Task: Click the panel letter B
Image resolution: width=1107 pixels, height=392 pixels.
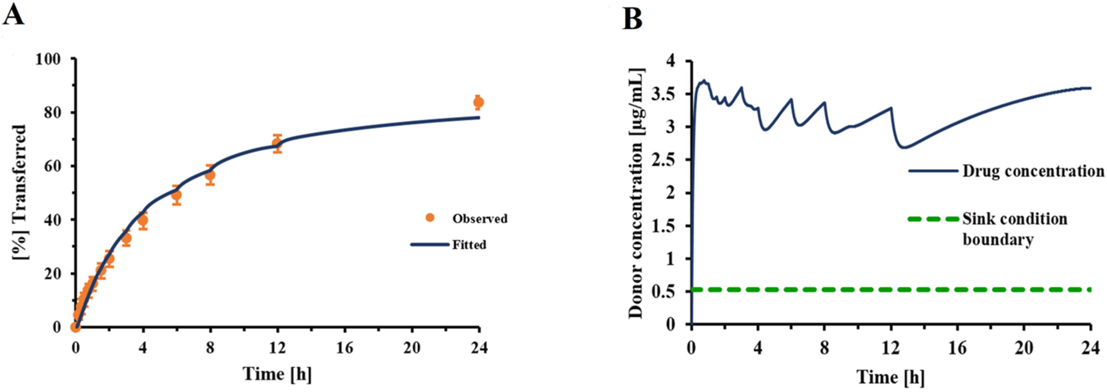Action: click(633, 19)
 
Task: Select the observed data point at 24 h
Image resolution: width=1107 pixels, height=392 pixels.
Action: click(478, 102)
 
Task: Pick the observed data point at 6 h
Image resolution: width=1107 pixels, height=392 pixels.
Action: click(176, 195)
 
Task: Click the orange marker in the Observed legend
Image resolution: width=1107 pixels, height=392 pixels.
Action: click(430, 218)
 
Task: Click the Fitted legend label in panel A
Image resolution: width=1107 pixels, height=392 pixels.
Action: click(469, 245)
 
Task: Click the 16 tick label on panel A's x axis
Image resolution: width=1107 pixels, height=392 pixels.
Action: click(345, 348)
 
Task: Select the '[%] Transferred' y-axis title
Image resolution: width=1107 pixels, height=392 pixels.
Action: click(19, 192)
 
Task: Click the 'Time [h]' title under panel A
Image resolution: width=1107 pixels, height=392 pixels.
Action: click(277, 373)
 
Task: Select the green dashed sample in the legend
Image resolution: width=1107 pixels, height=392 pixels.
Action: click(933, 219)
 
